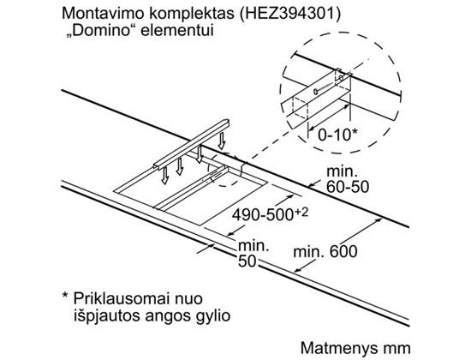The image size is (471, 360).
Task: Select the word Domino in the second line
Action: tap(103, 30)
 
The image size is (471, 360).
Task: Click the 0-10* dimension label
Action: tap(338, 135)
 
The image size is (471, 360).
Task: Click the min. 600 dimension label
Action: tap(325, 251)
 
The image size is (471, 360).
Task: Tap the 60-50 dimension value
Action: tap(348, 187)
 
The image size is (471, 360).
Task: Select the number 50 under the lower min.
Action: tap(247, 261)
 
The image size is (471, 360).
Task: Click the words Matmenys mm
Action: tap(355, 348)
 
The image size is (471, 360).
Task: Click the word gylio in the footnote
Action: tap(213, 315)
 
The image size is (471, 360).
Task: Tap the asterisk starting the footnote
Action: tap(65, 296)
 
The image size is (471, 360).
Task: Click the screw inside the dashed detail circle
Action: tap(327, 85)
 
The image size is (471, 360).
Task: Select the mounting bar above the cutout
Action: tap(191, 145)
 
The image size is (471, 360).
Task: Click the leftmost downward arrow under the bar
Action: tap(164, 176)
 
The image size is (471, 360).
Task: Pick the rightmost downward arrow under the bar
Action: tap(222, 141)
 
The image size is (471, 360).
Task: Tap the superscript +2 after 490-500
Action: tap(301, 212)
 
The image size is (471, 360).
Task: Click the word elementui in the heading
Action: tap(177, 30)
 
